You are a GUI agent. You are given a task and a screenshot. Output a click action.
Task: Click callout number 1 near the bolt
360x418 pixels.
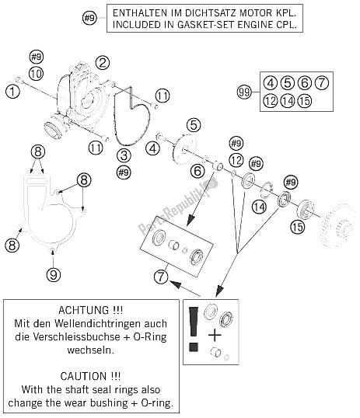coord(12,92)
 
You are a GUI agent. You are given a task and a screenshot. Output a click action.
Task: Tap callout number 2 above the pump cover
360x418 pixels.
coord(103,63)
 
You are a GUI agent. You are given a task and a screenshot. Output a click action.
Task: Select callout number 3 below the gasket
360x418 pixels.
coord(124,155)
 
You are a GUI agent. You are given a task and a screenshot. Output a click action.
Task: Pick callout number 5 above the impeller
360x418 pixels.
coord(194,125)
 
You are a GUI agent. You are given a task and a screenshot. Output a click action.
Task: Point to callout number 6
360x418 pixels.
coord(197,171)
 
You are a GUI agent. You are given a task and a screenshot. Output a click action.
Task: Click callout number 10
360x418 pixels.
coord(37,73)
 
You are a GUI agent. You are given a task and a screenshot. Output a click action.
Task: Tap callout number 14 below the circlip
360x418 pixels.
coord(260,207)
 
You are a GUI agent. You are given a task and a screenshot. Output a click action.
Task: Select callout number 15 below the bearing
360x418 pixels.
coord(297,227)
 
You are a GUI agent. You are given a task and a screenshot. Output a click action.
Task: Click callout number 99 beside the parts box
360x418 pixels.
coord(244,92)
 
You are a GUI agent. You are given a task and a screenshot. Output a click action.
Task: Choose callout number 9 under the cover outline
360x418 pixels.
coord(54,274)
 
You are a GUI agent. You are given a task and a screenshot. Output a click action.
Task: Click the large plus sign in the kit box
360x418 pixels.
coord(215,336)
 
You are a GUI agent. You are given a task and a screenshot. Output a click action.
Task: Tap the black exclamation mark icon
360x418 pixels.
coord(194,329)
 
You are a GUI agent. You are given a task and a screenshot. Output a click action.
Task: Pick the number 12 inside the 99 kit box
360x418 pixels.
coord(271,101)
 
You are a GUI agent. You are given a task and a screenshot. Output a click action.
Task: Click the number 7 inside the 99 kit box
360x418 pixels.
coord(322,83)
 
